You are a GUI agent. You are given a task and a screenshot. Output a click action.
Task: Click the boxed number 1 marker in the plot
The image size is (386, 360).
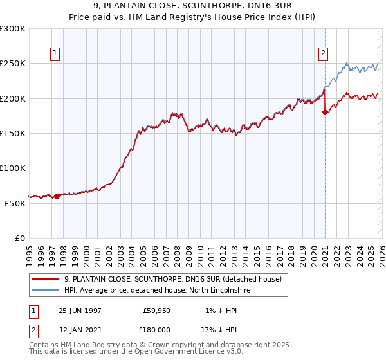tap(56, 54)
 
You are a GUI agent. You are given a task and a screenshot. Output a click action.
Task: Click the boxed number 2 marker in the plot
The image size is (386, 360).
tap(323, 54)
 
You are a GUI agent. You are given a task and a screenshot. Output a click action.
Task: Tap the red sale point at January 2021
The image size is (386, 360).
tap(325, 112)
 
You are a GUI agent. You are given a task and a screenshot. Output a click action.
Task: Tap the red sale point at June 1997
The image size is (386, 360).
tap(57, 196)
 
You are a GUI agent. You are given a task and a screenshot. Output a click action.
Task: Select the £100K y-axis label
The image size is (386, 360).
tap(13, 168)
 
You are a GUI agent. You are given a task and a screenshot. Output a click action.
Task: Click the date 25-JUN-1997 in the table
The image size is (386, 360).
tap(80, 310)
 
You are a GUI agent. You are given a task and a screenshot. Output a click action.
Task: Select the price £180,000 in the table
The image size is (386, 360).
tap(156, 329)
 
